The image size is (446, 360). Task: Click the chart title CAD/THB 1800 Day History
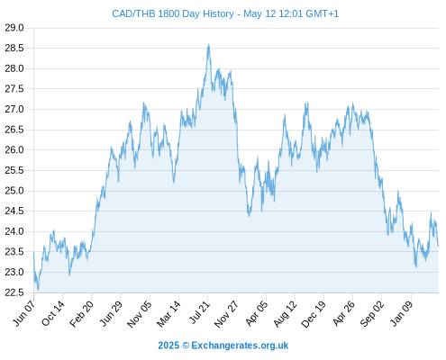(x=173, y=13)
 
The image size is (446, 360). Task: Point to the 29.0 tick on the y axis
(x=14, y=28)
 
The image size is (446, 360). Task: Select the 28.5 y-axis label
(x=14, y=48)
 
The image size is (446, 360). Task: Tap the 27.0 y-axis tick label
(x=14, y=109)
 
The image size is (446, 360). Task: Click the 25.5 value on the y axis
(x=14, y=170)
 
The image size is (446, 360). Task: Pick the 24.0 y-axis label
(x=14, y=231)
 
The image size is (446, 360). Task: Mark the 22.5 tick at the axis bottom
(x=14, y=292)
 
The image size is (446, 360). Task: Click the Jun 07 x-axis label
(x=24, y=313)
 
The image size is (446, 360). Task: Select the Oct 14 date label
(x=53, y=313)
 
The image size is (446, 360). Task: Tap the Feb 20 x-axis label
(x=81, y=313)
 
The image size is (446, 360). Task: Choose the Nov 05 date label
(x=140, y=314)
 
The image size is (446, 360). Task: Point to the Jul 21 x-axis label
(x=198, y=312)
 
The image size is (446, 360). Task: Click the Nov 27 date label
(x=226, y=314)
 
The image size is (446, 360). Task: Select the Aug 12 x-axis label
(x=285, y=313)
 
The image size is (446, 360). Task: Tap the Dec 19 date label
(x=314, y=314)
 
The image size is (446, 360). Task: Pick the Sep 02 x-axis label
(x=372, y=313)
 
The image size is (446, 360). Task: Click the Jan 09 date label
(x=402, y=313)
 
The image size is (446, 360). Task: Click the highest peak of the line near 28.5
(x=208, y=45)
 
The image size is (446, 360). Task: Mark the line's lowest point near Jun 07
(x=38, y=290)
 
